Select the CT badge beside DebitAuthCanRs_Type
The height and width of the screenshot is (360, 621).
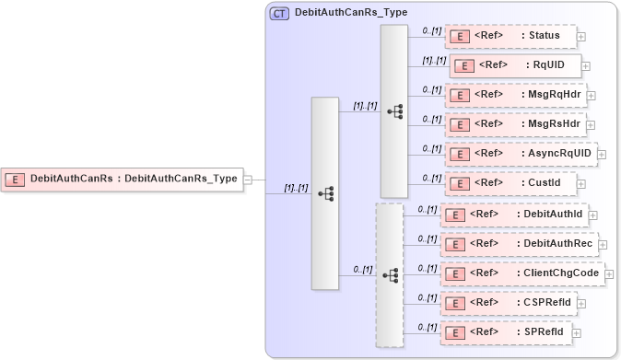[x=278, y=14]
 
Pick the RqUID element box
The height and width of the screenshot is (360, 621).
[x=514, y=65]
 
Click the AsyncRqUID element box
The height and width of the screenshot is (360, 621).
[x=520, y=154]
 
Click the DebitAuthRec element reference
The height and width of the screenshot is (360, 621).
[x=519, y=244]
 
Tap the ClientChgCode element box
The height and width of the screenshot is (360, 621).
[x=521, y=273]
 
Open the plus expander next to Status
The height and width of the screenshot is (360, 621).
[x=581, y=37]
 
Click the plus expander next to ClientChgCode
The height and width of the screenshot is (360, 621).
[x=609, y=274]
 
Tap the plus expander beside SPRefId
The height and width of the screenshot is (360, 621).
[x=577, y=332]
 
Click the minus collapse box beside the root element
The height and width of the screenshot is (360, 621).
[x=248, y=180]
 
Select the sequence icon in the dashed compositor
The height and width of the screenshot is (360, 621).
[x=390, y=275]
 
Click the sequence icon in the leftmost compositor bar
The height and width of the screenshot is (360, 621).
[x=325, y=193]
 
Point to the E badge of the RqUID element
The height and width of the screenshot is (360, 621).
[x=465, y=65]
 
